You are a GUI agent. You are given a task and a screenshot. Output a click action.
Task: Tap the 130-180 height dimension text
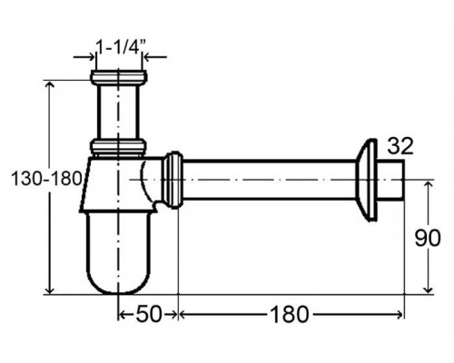(x=46, y=179)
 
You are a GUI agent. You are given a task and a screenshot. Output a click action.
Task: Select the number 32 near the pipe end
(x=400, y=146)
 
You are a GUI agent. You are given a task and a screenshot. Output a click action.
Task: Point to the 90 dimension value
(x=428, y=238)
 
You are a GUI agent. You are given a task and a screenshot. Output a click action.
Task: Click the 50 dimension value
(x=149, y=314)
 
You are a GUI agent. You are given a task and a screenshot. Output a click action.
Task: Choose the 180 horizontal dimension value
(x=290, y=314)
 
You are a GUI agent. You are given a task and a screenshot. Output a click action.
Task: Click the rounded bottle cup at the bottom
(x=118, y=253)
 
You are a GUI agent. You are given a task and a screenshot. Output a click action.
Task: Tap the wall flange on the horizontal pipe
(x=366, y=180)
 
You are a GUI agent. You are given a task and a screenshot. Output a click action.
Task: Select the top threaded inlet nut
(x=119, y=77)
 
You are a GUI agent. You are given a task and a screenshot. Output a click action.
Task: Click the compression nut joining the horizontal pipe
(x=173, y=180)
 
